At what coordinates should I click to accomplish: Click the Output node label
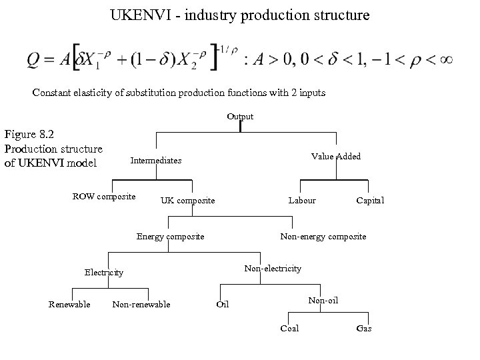click(240, 117)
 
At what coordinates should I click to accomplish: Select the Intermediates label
click(156, 161)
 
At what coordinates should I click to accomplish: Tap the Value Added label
click(336, 156)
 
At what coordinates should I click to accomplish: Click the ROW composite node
click(104, 196)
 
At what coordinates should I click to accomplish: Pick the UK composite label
click(187, 201)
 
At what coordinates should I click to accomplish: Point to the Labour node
click(302, 200)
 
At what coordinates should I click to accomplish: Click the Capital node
click(370, 201)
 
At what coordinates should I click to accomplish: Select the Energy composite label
click(170, 236)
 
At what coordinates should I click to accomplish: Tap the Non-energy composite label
click(323, 236)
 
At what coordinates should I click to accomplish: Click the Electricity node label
click(104, 273)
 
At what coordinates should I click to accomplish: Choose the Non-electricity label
click(273, 268)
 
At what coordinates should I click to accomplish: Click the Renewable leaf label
click(69, 305)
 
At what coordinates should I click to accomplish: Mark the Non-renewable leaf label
click(141, 305)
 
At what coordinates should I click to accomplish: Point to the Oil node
click(223, 305)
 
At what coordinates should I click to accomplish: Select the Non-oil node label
click(323, 301)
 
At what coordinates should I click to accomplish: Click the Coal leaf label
click(289, 329)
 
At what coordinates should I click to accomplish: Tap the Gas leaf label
click(364, 329)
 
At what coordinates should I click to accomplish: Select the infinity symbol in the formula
click(447, 59)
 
